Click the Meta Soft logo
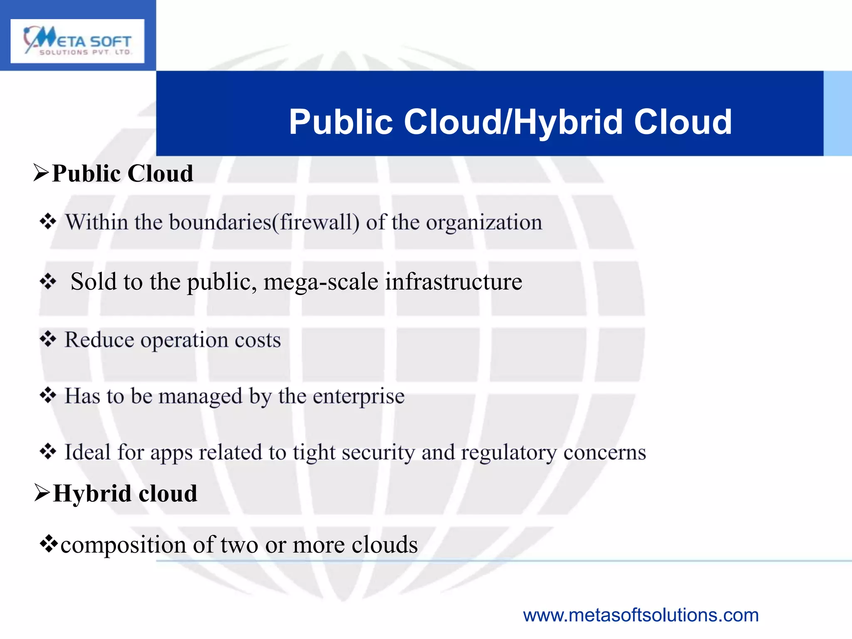click(x=77, y=41)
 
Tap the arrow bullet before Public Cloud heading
click(x=41, y=173)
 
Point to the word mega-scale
click(x=321, y=282)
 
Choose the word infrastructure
click(x=453, y=282)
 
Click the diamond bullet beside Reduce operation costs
click(x=48, y=339)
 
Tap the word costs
click(x=258, y=340)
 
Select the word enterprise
click(x=359, y=396)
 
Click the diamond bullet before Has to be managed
click(x=48, y=395)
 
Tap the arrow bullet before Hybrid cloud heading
click(x=42, y=493)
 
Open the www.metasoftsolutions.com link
click(x=641, y=615)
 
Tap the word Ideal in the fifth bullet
click(x=87, y=452)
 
